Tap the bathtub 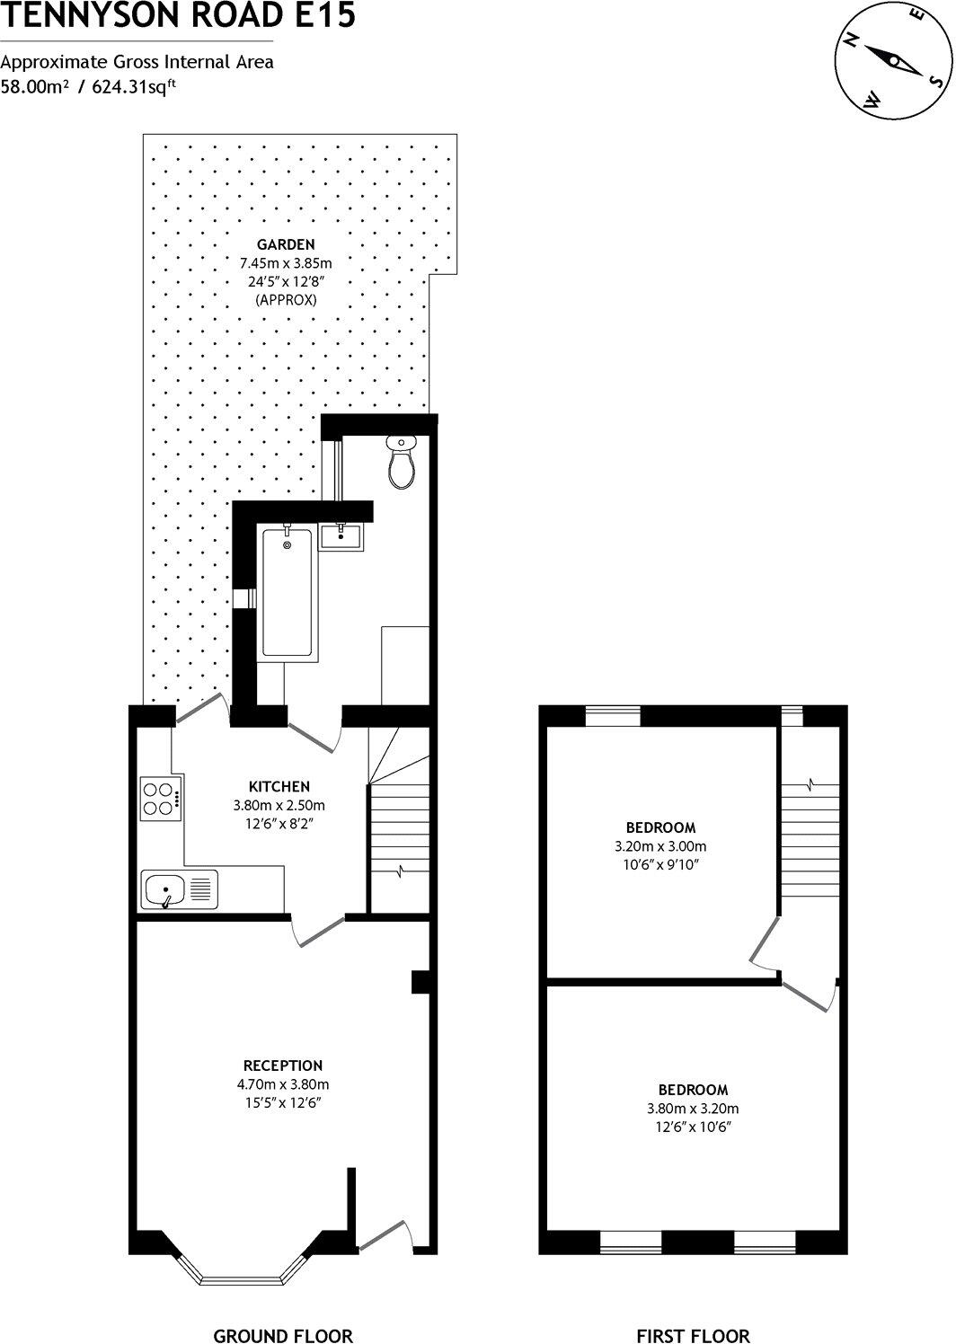click(x=288, y=593)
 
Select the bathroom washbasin click(x=343, y=536)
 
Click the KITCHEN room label click(x=279, y=786)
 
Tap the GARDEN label click(x=286, y=243)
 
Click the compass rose click(x=891, y=62)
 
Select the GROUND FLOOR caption click(x=283, y=1335)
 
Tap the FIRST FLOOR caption click(x=693, y=1335)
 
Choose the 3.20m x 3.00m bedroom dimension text click(x=660, y=846)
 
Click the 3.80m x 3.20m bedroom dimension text click(x=693, y=1109)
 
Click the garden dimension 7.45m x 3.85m click(x=286, y=263)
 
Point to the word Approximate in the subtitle click(x=51, y=62)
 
